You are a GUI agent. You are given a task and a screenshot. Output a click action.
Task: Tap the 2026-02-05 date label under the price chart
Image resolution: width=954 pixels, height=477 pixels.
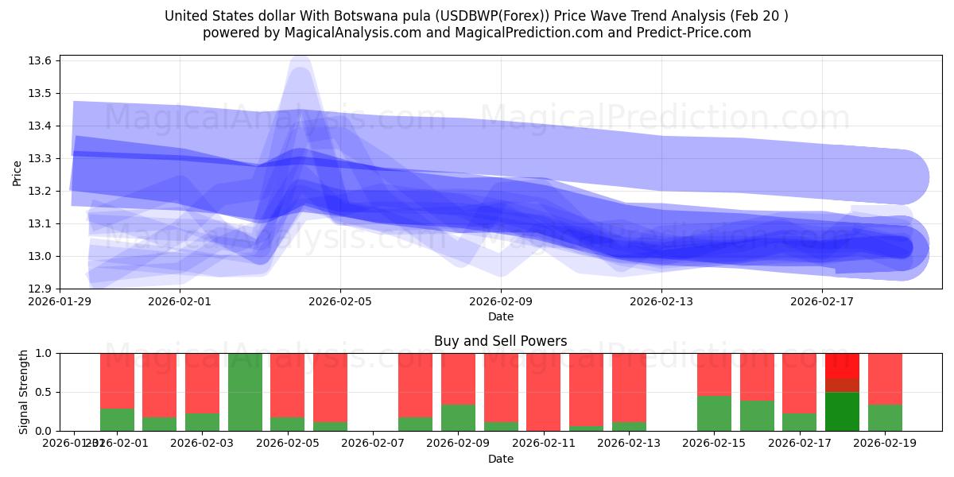click(340, 302)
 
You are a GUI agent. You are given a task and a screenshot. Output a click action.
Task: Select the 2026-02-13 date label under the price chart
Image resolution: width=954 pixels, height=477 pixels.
click(661, 302)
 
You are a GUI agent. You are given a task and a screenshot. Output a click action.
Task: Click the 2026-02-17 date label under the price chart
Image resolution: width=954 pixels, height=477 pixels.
click(822, 302)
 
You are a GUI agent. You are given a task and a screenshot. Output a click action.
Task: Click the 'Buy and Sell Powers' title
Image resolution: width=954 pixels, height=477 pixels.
click(501, 341)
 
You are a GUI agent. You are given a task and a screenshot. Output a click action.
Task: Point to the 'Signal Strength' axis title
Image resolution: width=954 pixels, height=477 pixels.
click(24, 392)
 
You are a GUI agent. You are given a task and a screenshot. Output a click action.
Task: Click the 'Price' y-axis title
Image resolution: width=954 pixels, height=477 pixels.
click(17, 173)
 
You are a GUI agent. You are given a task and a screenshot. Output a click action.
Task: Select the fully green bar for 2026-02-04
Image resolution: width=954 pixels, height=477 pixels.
click(245, 392)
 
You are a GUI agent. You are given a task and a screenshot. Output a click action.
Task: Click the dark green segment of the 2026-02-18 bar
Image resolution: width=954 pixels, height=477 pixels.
click(842, 412)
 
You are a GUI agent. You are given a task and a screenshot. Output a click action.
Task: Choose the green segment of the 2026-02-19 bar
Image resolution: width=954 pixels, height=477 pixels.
click(885, 418)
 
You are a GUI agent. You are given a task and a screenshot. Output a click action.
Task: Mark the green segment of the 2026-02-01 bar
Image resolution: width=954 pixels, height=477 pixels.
click(117, 420)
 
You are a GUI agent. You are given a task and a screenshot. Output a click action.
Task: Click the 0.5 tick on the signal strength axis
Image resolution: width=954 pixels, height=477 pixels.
click(45, 392)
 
